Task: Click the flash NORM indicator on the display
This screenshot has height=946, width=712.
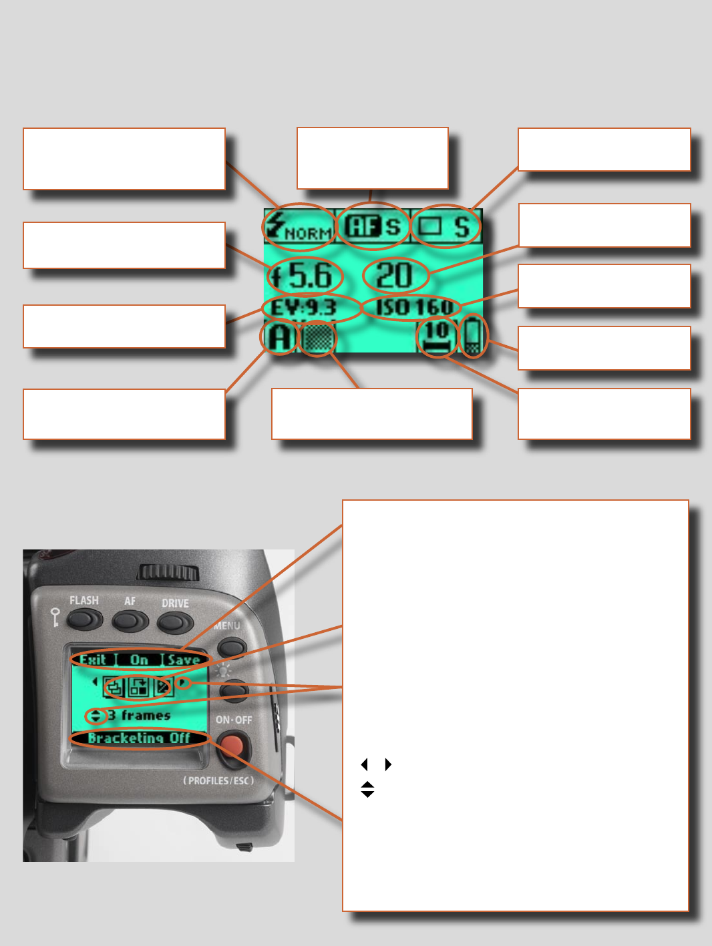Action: (299, 227)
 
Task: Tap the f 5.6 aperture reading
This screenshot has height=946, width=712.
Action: (305, 275)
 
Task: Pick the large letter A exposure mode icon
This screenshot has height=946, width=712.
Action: (279, 338)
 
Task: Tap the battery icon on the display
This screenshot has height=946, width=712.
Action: (473, 336)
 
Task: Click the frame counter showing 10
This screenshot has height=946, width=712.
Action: (437, 336)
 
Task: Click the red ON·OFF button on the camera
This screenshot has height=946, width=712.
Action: (233, 746)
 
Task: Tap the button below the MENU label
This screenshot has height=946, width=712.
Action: (232, 646)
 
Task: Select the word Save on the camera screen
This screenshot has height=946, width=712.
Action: (183, 660)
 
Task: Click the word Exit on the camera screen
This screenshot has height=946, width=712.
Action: (93, 660)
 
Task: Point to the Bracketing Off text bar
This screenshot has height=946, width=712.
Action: (139, 738)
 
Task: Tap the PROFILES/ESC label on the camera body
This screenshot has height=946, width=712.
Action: (218, 780)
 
